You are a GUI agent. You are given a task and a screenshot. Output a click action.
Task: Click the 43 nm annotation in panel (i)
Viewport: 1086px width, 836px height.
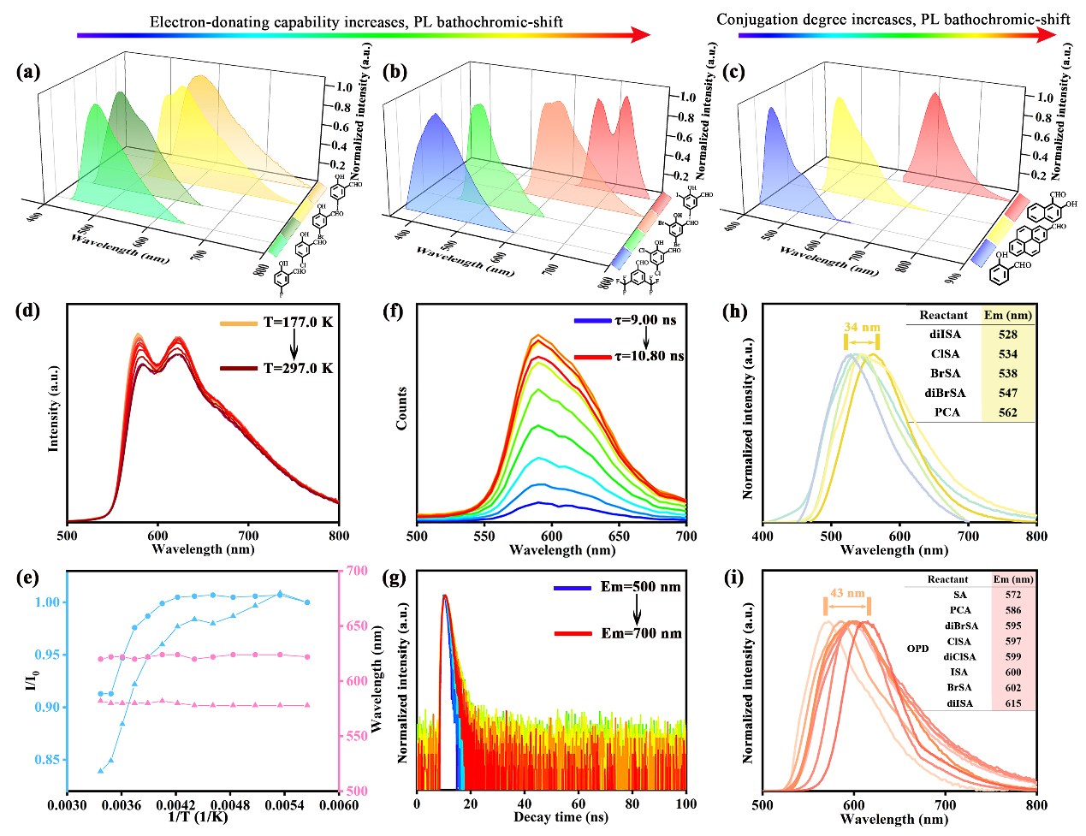tap(847, 593)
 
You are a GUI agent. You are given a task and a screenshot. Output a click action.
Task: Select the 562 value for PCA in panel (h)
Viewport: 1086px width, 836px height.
tap(1007, 412)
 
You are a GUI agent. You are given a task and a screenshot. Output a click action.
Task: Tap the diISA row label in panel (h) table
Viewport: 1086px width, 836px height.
tap(945, 335)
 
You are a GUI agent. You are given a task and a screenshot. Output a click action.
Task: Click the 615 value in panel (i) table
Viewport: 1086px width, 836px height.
tap(1013, 703)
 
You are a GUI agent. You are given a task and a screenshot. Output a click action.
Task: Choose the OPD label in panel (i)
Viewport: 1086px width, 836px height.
tap(917, 649)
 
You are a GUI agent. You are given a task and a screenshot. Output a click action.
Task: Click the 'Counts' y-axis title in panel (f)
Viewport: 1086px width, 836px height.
tap(401, 408)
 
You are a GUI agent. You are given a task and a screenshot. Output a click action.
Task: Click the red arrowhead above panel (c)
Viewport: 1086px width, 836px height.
tap(1047, 35)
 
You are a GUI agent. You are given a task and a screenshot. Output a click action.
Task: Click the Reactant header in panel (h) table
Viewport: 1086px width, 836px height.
tap(943, 315)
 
